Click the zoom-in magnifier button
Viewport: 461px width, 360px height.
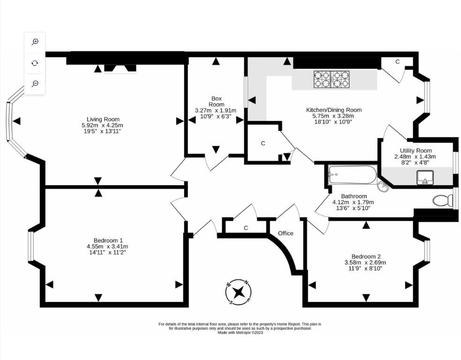35,42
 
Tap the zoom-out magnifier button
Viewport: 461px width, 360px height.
35,83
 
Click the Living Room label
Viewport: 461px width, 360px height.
103,119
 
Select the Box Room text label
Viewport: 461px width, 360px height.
216,101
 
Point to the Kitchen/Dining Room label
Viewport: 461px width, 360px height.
334,110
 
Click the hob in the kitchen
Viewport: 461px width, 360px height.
332,79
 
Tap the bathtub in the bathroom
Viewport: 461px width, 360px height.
352,174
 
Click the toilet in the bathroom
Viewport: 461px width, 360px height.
443,201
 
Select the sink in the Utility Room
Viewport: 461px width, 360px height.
425,178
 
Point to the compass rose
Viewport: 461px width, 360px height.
238,292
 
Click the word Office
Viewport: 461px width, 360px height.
285,233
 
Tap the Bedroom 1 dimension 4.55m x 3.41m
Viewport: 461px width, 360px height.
107,246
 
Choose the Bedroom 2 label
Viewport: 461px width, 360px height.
366,256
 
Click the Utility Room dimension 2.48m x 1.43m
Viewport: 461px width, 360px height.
415,157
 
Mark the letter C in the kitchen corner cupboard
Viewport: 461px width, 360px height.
397,62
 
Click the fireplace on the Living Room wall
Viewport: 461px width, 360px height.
120,69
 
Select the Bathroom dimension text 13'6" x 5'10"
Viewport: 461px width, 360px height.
353,208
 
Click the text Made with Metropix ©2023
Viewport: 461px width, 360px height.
240,333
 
